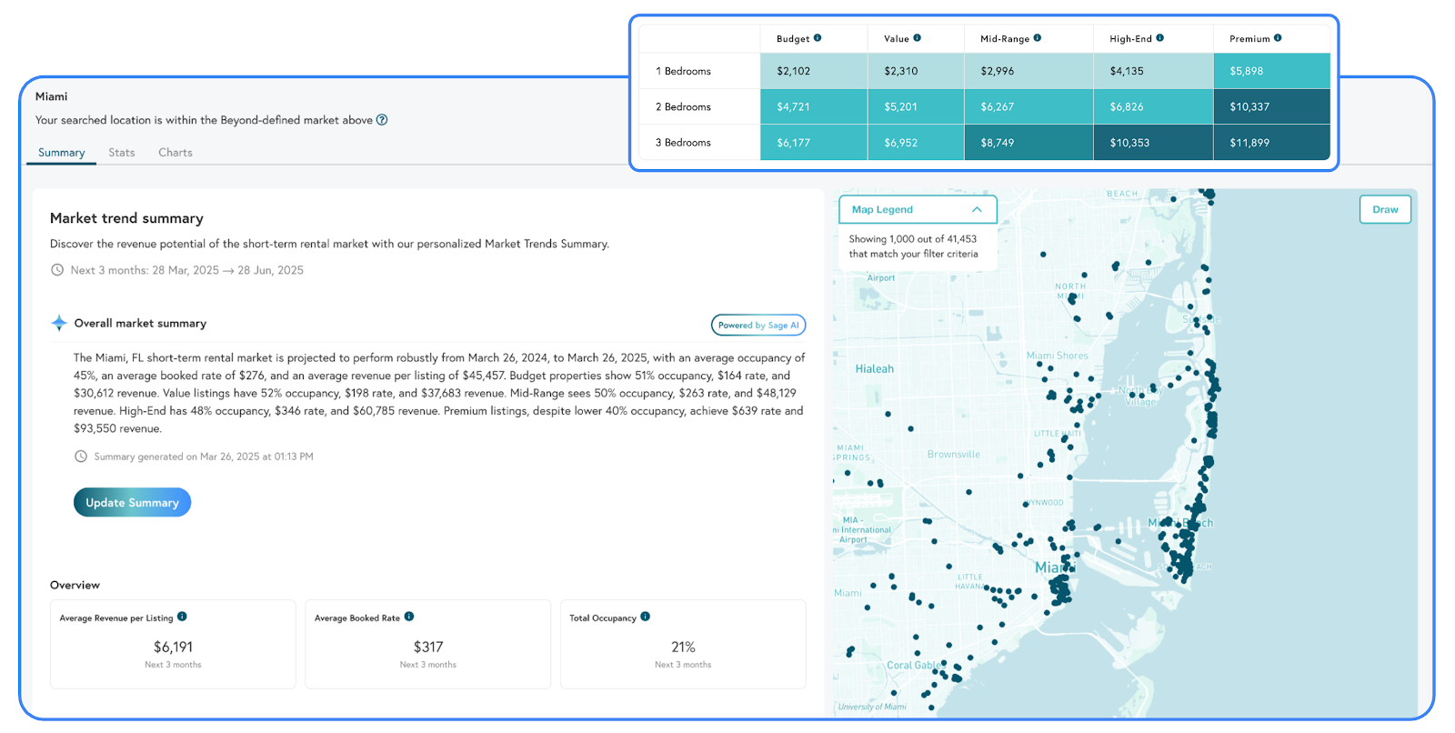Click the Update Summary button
[x=132, y=502]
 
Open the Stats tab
[x=121, y=153]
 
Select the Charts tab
[x=175, y=153]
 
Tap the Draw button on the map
[x=1385, y=209]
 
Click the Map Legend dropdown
[x=917, y=209]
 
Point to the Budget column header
[x=793, y=39]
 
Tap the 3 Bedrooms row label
[x=683, y=143]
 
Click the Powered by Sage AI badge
[x=758, y=325]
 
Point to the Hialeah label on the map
[x=874, y=369]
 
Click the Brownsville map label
[x=953, y=455]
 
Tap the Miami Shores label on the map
[x=1057, y=356]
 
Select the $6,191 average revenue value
[x=173, y=647]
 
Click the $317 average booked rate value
[x=427, y=647]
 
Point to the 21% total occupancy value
[x=683, y=647]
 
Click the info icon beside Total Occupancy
[x=645, y=617]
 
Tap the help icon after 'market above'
[x=382, y=120]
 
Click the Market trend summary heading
[x=126, y=218]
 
